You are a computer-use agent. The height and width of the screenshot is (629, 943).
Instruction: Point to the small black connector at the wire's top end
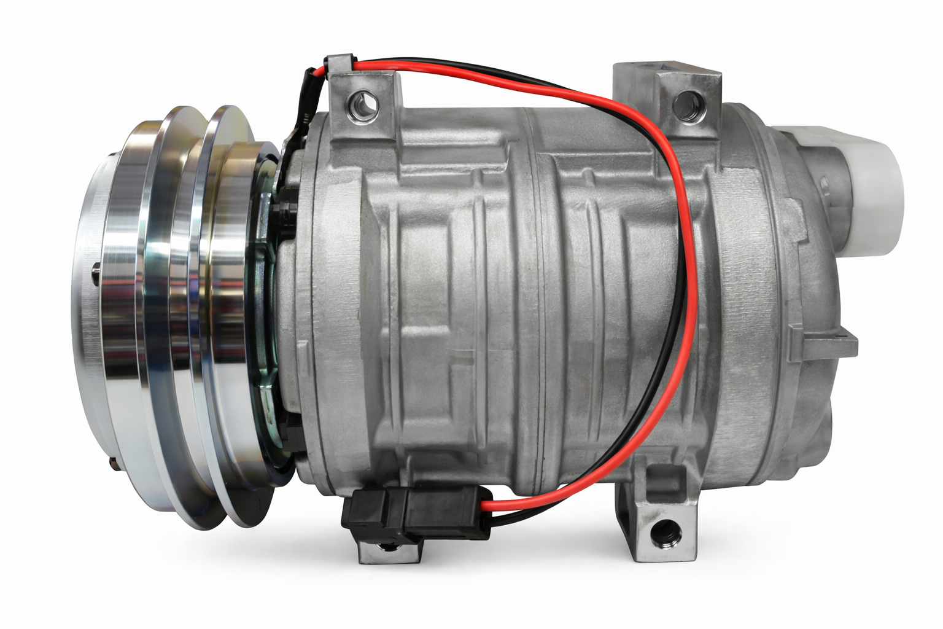pos(340,64)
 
